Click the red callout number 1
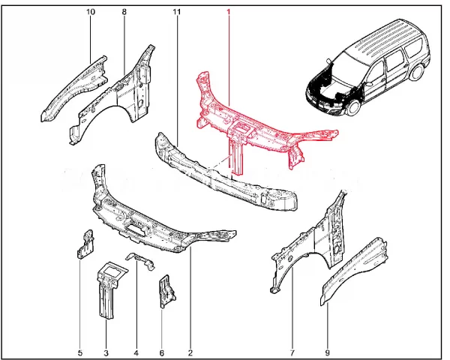[x=229, y=12]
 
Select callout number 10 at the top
[x=91, y=12]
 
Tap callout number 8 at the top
[x=124, y=12]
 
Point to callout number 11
[x=177, y=12]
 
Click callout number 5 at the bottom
[x=80, y=352]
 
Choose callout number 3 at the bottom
[x=106, y=352]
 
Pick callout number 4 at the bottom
[x=136, y=352]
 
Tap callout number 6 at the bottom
[x=161, y=352]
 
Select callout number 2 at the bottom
[x=190, y=352]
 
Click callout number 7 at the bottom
[x=292, y=352]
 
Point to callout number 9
[x=327, y=352]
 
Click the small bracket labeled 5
[x=85, y=244]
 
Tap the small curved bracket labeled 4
[x=141, y=260]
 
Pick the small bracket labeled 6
[x=166, y=292]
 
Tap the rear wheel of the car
[x=417, y=72]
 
